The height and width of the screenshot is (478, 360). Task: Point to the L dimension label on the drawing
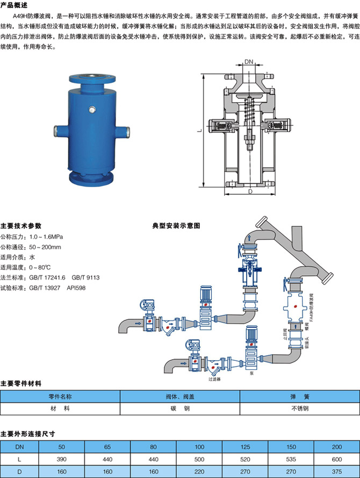tap(199, 130)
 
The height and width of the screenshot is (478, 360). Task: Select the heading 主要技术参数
tap(20, 225)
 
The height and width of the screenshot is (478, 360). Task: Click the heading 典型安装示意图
tap(176, 225)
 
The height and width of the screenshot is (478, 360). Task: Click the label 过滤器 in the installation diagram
tap(215, 379)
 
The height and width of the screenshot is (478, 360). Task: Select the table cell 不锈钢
tap(300, 408)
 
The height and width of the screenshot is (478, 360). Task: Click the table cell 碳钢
tap(180, 408)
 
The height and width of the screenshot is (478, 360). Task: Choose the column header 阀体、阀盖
tap(180, 396)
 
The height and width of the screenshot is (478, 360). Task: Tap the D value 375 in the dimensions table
tap(337, 471)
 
